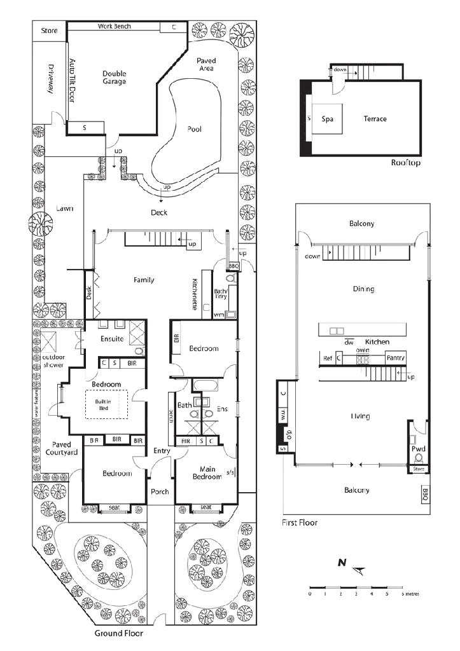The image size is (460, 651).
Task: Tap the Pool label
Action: (x=195, y=128)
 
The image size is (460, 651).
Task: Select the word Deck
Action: (x=158, y=212)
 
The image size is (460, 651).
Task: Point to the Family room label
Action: (x=144, y=280)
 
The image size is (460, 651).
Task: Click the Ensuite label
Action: (x=112, y=339)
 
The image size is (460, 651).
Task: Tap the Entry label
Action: (x=161, y=451)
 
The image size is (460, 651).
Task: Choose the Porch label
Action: (x=158, y=493)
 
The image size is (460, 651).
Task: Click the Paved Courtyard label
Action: (x=62, y=449)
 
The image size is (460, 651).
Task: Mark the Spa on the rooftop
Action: (x=328, y=119)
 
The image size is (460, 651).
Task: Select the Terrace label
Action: (x=374, y=119)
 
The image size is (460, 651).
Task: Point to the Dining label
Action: (x=363, y=289)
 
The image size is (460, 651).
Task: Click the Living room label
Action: (x=361, y=416)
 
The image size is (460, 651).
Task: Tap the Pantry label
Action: (x=395, y=359)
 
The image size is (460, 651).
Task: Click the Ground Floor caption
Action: (x=118, y=634)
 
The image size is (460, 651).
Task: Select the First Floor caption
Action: (x=300, y=523)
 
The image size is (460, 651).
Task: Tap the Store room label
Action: (x=48, y=31)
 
